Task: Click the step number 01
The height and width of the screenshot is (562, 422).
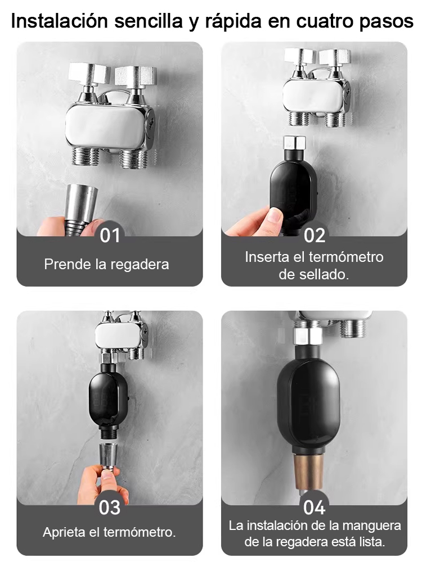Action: [x=110, y=235]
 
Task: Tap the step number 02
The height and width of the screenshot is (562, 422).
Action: [x=315, y=235]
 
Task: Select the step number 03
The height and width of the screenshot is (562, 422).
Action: [x=110, y=507]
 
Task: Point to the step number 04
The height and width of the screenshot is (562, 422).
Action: [x=315, y=507]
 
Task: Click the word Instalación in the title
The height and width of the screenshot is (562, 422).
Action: [x=60, y=21]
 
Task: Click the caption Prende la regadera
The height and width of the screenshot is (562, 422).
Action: [x=107, y=264]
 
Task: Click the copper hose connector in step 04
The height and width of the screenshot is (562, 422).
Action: [x=308, y=473]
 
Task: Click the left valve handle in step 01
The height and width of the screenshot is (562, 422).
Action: [x=88, y=72]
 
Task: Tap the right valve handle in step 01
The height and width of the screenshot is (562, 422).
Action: [x=134, y=75]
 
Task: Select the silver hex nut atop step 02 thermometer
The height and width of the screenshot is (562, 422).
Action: [x=294, y=143]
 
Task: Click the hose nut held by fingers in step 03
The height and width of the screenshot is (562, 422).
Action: [x=108, y=454]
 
